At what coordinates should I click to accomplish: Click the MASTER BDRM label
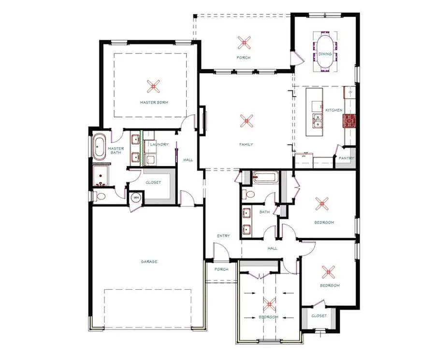click(x=154, y=103)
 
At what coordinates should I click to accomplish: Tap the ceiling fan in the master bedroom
click(x=154, y=87)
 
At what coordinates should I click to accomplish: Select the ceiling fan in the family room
click(x=246, y=120)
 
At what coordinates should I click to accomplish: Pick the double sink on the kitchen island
click(x=318, y=121)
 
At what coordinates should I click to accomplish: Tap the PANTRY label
click(x=346, y=158)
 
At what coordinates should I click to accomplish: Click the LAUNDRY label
click(x=159, y=144)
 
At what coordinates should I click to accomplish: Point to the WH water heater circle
click(x=136, y=197)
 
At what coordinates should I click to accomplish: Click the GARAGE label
click(x=149, y=262)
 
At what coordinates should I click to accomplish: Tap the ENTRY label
click(x=223, y=236)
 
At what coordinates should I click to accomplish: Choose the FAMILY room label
click(x=246, y=144)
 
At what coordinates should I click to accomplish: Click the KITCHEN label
click(x=333, y=110)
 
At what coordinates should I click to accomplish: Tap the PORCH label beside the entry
click(x=221, y=270)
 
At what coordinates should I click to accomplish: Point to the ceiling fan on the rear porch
click(x=245, y=43)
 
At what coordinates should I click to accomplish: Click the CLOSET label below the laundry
click(x=153, y=182)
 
